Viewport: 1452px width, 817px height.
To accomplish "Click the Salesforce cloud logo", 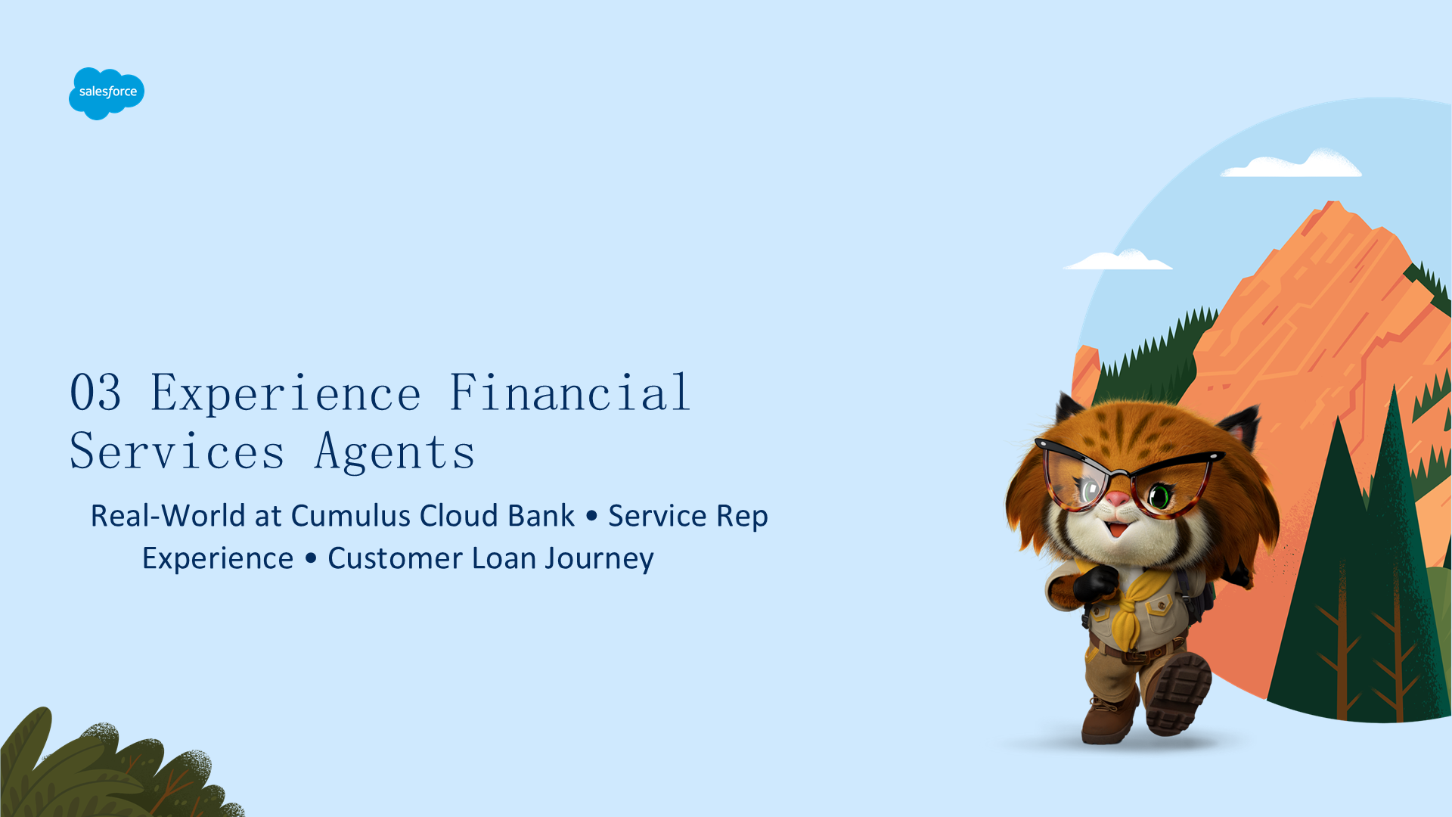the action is [107, 93].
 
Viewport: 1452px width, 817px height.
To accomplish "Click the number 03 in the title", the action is [95, 393].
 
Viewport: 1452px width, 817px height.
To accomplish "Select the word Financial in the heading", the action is [570, 392].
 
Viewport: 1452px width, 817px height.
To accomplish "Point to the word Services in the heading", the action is [178, 452].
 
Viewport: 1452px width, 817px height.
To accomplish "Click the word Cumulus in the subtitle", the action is [351, 516].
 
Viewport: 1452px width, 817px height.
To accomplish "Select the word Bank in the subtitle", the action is [541, 516].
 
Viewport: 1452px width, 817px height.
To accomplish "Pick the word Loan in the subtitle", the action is [504, 558].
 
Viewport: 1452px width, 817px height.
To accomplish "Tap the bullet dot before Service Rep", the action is [591, 516].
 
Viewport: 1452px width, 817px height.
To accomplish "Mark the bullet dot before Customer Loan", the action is [311, 558].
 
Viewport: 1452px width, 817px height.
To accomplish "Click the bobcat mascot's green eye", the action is [1159, 496].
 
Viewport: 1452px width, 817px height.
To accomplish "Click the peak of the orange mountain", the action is [1333, 203].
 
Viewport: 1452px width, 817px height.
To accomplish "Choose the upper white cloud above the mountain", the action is [1292, 163].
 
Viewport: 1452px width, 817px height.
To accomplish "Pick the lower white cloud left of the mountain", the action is [1118, 259].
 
